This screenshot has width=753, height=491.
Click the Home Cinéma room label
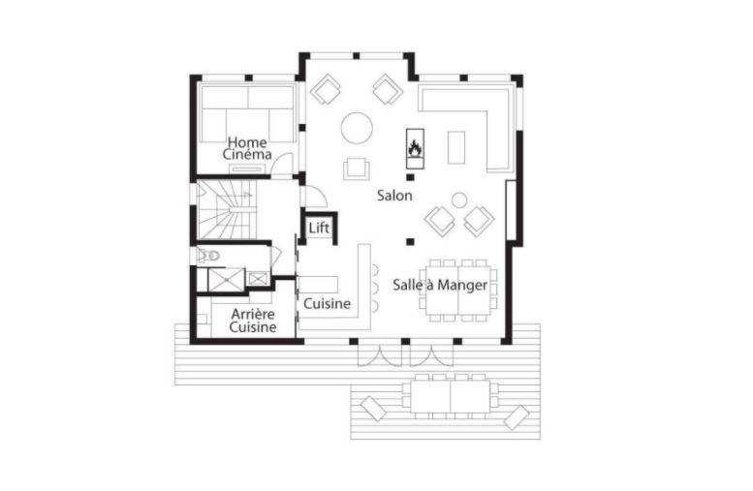[x=247, y=148]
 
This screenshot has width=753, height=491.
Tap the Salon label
[x=395, y=196]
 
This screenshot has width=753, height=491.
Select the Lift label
[x=319, y=229]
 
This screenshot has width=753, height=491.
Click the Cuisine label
[x=327, y=304]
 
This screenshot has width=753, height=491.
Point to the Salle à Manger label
[x=440, y=285]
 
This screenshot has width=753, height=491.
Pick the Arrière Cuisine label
[x=252, y=321]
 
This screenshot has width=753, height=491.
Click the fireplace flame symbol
[x=414, y=148]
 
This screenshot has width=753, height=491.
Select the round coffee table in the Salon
[x=357, y=127]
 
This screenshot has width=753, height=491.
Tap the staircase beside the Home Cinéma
[x=225, y=211]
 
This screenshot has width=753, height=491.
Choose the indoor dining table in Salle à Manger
[x=458, y=289]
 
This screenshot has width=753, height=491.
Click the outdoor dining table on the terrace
[x=450, y=394]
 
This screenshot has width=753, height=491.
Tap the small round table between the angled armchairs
[x=459, y=200]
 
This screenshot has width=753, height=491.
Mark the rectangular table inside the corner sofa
[x=456, y=146]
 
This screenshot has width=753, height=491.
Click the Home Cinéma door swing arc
[x=281, y=166]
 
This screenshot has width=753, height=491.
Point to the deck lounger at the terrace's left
[x=372, y=407]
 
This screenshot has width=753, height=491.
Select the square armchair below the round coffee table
[x=357, y=169]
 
